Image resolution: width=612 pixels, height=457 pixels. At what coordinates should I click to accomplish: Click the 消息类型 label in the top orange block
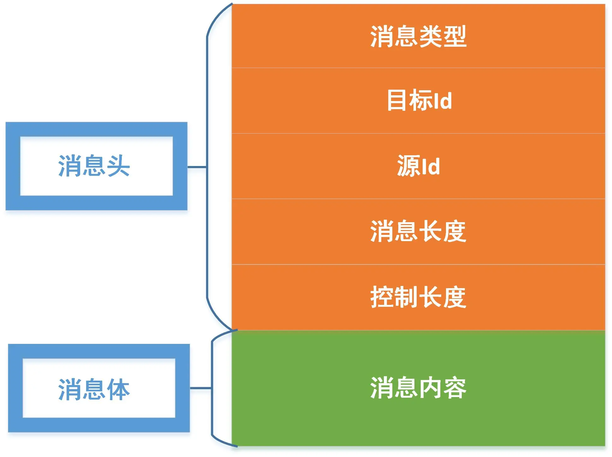coord(418,37)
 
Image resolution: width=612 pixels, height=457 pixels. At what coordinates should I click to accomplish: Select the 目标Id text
coord(419,100)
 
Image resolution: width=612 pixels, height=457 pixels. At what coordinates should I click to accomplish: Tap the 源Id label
coord(418,166)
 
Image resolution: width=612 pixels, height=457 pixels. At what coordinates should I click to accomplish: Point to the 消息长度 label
coord(418,231)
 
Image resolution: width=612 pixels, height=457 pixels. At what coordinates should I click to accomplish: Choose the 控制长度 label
coord(418,297)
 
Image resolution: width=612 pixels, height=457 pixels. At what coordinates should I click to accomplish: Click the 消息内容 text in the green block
coord(418,388)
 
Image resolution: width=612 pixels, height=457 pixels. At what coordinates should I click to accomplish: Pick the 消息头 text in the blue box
coord(94,166)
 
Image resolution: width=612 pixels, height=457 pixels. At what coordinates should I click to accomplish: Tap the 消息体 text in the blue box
coord(94,389)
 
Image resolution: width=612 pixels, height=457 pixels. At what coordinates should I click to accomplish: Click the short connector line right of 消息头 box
coord(197,167)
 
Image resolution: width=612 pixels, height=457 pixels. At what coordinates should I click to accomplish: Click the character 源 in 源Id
coord(408,166)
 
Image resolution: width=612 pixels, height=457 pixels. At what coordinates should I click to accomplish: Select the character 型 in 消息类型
coord(455,37)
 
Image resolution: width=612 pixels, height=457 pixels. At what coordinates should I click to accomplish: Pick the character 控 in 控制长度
coord(382,297)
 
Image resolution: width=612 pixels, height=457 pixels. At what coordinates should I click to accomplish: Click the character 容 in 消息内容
coord(455,388)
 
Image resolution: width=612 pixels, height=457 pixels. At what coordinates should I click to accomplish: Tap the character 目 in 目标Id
coord(396,100)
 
